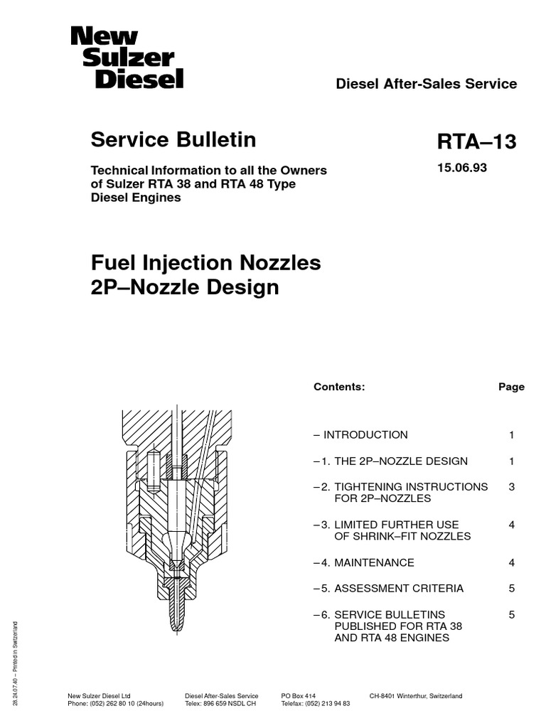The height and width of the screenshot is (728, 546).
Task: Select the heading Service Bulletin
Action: pos(173,140)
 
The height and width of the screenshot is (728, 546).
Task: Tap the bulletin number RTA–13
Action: pos(476,142)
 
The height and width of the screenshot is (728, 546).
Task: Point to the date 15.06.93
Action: pos(461,169)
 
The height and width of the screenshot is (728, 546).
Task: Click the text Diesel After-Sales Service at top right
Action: pos(426,84)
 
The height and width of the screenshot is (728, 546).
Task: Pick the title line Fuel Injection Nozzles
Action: pos(205,263)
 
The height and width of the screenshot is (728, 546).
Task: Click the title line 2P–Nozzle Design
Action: pos(185,288)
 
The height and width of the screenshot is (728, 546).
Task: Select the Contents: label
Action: pos(338,387)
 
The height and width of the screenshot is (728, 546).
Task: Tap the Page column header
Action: pos(511,387)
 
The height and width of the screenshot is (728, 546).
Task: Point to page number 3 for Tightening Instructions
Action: pos(511,487)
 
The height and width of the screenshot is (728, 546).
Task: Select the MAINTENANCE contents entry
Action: pos(374,563)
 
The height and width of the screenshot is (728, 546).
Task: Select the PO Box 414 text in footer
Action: pos(298,695)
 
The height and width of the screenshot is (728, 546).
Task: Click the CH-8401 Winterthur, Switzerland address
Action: pos(416,695)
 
